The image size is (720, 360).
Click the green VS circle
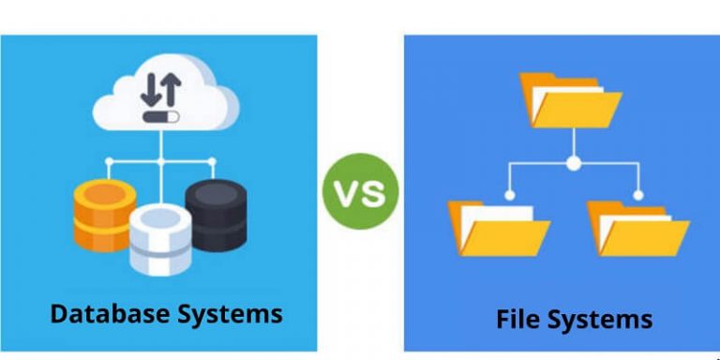[361, 193]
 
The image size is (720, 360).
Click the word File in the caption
[517, 319]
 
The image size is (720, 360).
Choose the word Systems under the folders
[601, 319]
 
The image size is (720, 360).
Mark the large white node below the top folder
[573, 163]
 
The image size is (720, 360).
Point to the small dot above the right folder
[638, 195]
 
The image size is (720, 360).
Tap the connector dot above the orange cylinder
[109, 161]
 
